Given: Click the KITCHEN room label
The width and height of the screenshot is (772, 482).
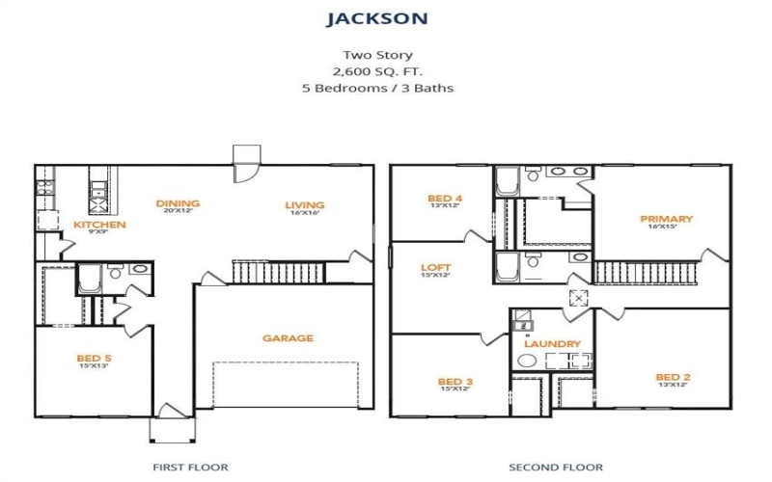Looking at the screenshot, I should [100, 225].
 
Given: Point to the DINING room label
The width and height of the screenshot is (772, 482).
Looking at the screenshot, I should [179, 203].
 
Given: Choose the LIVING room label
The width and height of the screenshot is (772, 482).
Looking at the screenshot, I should [304, 204].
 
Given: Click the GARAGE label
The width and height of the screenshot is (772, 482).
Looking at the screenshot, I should [288, 338].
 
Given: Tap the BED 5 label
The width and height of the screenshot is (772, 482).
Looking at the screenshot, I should [94, 359].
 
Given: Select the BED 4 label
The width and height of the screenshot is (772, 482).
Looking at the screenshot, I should [444, 200].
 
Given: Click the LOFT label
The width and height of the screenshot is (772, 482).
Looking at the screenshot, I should [435, 267].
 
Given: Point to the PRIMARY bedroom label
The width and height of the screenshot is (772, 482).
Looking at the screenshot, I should [666, 219].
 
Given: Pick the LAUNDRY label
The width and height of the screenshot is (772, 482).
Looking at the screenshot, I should [552, 344].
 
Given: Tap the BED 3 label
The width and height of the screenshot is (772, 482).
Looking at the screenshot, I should [454, 382].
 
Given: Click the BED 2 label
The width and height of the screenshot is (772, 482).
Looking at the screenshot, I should [672, 377].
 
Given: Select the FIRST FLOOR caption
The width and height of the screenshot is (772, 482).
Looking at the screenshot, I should [190, 468].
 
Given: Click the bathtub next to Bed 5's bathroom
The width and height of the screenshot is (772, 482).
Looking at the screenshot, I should [89, 279].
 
